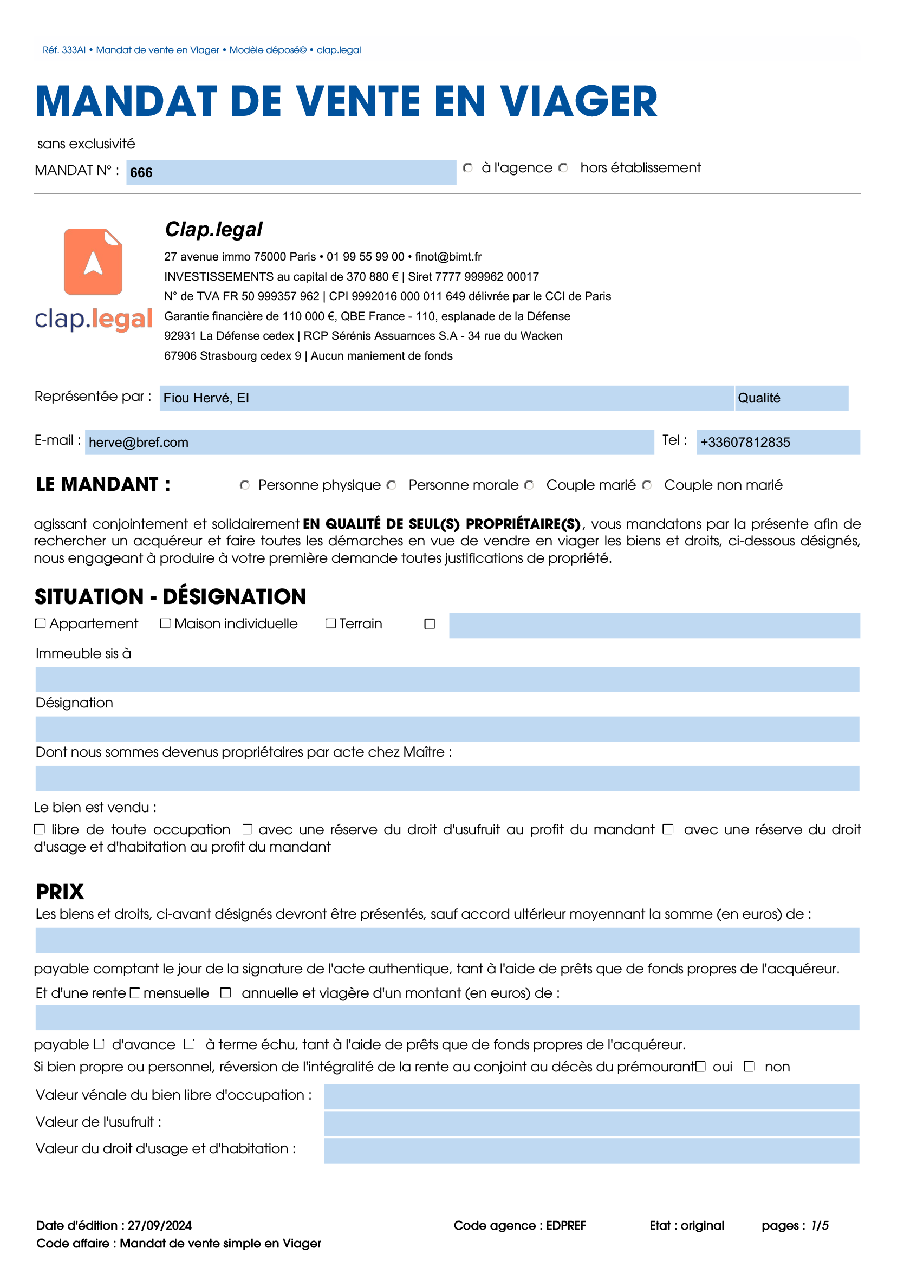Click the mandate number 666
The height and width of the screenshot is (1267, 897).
(141, 173)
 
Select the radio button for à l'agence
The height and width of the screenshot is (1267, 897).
(468, 168)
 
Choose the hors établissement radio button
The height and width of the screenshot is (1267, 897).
(563, 168)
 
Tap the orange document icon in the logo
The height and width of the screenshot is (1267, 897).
(93, 262)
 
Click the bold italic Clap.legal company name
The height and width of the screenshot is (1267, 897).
(214, 229)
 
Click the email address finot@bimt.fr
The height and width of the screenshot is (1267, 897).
(448, 257)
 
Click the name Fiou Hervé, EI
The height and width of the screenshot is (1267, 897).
(206, 398)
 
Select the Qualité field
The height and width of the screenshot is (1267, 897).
(791, 398)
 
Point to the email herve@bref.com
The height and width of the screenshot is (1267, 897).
(139, 443)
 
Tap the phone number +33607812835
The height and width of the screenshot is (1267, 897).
(745, 443)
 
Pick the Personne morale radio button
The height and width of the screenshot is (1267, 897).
(392, 485)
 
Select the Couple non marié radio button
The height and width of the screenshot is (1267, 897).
(647, 485)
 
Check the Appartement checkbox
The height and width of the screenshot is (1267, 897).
(40, 623)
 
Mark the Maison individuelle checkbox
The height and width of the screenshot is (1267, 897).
(165, 623)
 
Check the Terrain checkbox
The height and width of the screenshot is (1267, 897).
(331, 623)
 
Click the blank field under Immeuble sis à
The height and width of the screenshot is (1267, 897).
(447, 680)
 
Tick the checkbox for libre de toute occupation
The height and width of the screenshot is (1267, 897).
(39, 829)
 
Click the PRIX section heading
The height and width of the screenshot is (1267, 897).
(60, 892)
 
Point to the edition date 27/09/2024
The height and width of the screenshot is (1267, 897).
(160, 1226)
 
